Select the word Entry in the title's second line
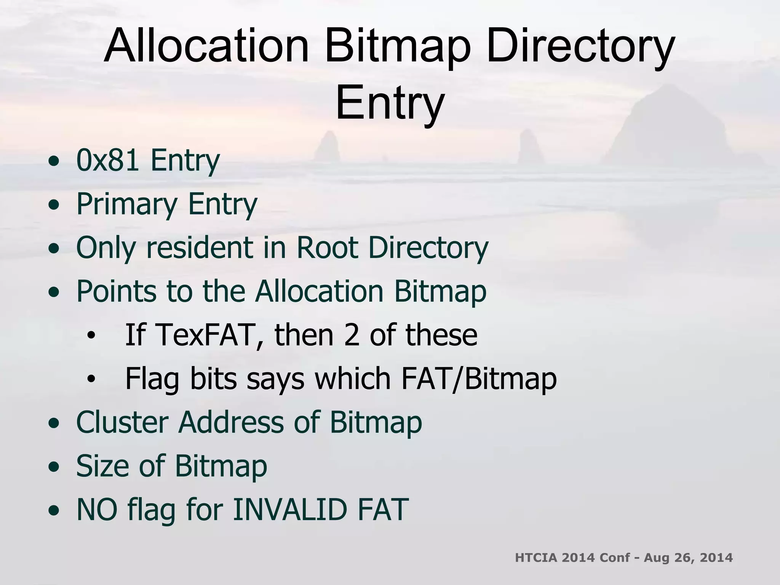pyautogui.click(x=390, y=103)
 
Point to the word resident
pyautogui.click(x=200, y=248)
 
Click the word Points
pyautogui.click(x=116, y=291)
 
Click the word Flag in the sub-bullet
pyautogui.click(x=152, y=379)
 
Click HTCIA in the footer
pyautogui.click(x=536, y=558)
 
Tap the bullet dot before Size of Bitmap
pyautogui.click(x=54, y=467)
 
